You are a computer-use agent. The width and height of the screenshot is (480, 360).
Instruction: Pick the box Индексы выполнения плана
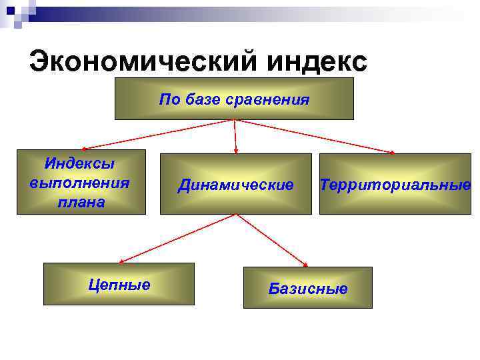pos(81,181)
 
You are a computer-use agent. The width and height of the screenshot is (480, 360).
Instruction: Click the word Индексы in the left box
pos(80,163)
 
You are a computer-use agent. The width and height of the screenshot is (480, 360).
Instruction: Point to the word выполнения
pos(80,182)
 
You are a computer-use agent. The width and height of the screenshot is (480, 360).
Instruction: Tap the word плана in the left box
pos(81,202)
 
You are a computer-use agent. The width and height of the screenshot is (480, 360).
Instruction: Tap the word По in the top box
pos(167,100)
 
